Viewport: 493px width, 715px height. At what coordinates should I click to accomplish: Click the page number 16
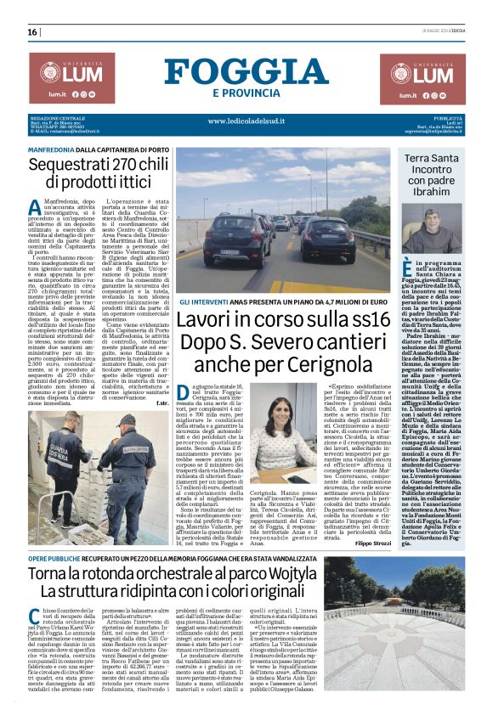32,32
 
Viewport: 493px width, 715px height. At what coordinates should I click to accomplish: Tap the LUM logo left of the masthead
72,76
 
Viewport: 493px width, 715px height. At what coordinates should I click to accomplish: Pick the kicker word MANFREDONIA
51,149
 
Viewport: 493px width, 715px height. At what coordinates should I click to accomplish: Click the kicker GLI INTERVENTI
202,301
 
